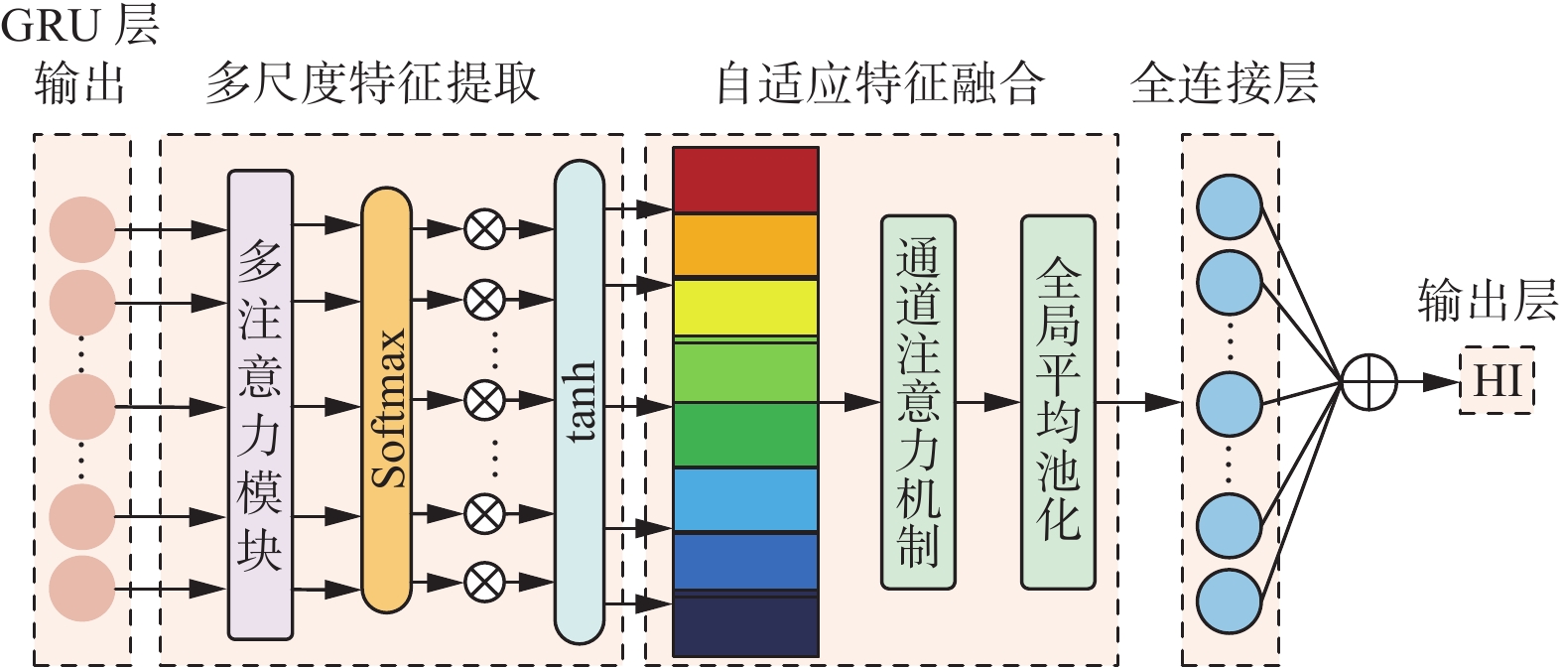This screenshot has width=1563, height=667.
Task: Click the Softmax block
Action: coord(386,400)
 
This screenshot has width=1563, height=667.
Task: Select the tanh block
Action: coord(579,402)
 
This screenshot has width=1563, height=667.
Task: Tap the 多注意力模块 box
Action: coord(260,404)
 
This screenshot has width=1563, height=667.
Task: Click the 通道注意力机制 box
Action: coord(918,402)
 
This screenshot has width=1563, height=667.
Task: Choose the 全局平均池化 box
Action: coord(1058,402)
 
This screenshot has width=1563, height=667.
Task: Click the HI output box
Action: coord(1497,380)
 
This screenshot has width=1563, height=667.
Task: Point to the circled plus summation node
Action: coord(1368,382)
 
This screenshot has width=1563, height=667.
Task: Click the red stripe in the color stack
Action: coord(745,180)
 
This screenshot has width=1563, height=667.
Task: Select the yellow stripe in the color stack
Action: coord(745,308)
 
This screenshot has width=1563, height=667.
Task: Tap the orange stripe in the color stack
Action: coord(745,245)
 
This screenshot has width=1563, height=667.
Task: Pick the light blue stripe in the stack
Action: coord(745,499)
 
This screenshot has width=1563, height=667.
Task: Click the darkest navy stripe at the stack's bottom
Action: coord(745,625)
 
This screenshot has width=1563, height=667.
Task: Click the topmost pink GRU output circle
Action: coord(82,229)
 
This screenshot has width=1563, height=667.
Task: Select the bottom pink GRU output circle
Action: coord(82,589)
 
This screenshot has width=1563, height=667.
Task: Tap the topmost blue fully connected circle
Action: coord(1229,206)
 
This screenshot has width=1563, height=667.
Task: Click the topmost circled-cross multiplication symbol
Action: coord(484,229)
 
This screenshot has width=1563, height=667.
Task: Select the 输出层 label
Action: coord(1487,300)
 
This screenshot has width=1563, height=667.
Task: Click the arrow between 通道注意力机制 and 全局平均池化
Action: coord(987,402)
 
